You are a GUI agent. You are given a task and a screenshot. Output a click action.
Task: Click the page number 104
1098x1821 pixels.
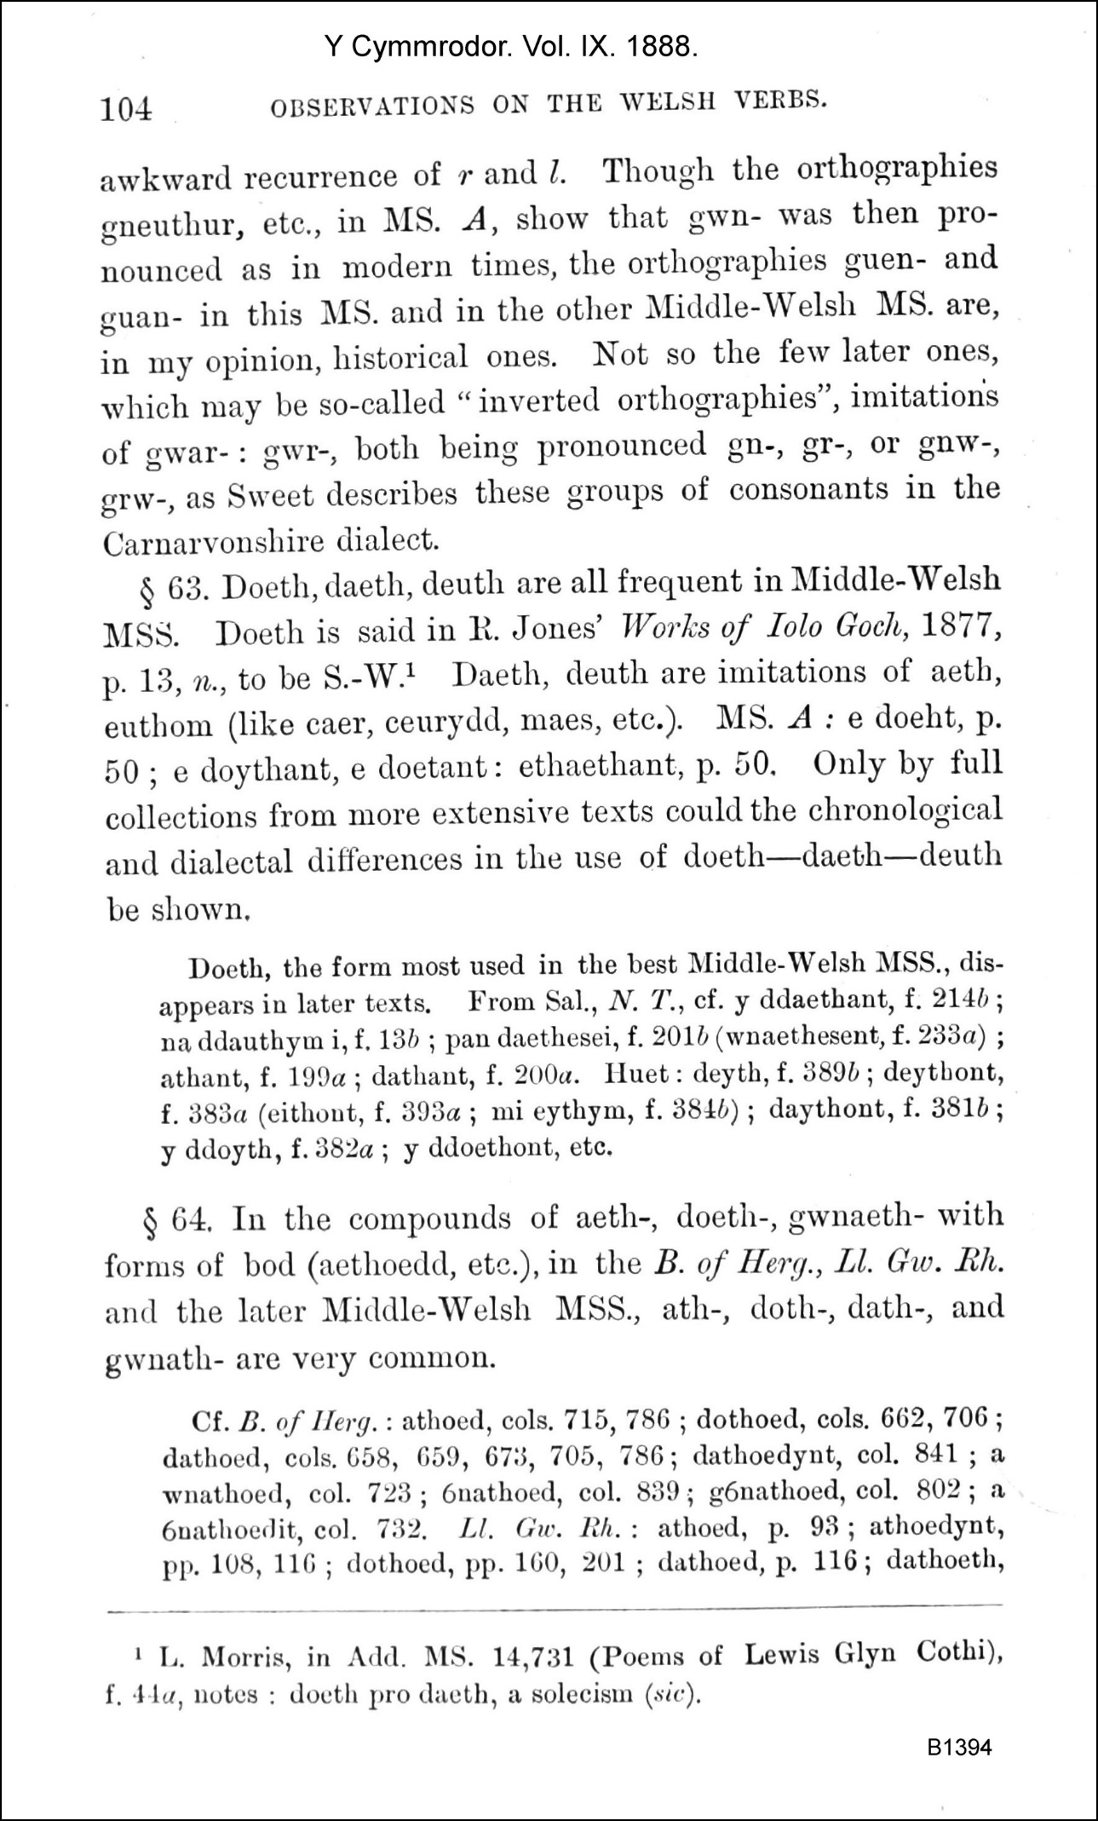[126, 110]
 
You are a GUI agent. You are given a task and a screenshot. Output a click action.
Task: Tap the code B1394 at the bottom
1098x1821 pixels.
[960, 1747]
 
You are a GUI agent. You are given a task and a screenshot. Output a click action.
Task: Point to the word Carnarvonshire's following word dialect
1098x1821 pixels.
[388, 539]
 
